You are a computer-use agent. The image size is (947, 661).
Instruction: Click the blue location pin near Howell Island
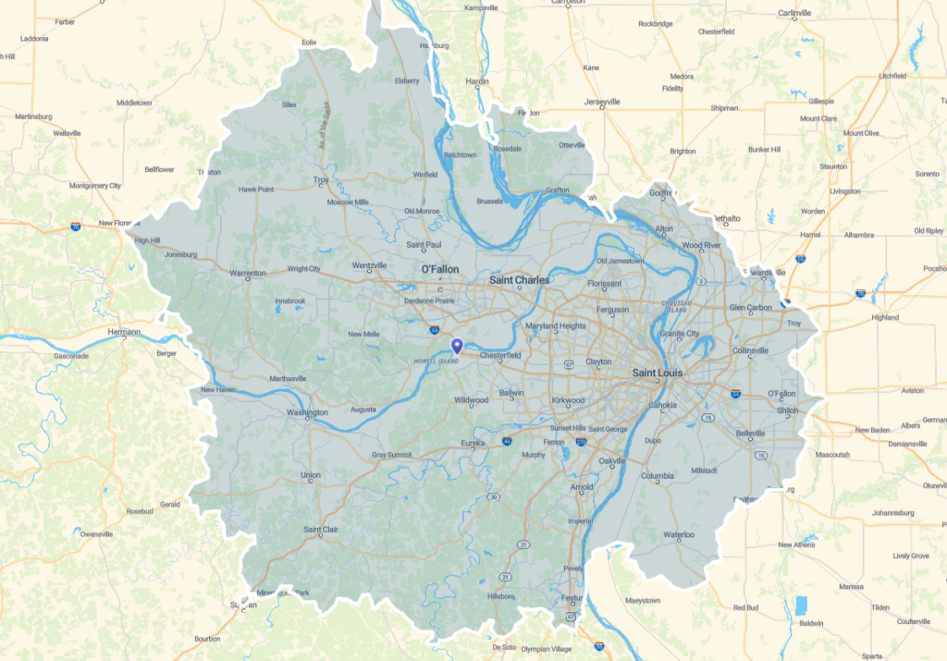(456, 346)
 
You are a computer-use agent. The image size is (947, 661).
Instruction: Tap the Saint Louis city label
(662, 373)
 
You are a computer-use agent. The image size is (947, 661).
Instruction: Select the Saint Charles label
(519, 280)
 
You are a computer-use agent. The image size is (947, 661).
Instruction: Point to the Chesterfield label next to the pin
(500, 355)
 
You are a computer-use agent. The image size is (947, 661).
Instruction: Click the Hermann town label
(123, 332)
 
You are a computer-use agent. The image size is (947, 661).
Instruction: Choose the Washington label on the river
(307, 412)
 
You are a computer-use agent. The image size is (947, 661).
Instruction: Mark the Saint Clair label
(320, 530)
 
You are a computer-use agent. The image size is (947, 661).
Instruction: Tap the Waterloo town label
(678, 535)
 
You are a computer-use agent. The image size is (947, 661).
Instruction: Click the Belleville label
(749, 433)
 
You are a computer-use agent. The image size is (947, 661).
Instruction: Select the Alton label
(664, 228)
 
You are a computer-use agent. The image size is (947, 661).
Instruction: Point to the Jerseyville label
(603, 102)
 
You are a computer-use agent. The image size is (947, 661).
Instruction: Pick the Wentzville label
(369, 265)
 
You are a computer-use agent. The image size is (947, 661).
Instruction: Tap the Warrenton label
(247, 273)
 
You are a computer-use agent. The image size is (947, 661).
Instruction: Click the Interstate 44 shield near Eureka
(507, 442)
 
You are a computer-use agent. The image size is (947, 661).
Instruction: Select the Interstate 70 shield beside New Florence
(75, 226)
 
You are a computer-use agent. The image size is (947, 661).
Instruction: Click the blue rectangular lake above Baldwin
(801, 606)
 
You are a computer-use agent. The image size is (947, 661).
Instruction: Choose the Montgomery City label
(95, 186)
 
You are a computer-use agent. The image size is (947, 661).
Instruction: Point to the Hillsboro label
(500, 596)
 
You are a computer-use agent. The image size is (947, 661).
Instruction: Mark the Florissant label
(605, 284)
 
